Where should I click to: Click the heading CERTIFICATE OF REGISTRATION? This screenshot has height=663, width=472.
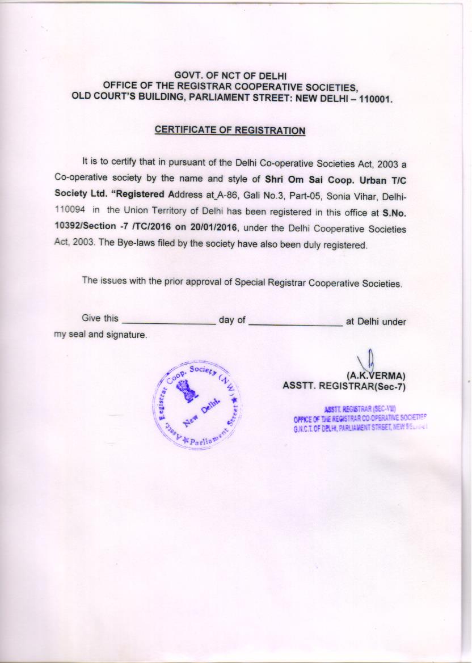click(x=230, y=130)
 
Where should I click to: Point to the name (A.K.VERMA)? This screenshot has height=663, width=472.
click(x=376, y=375)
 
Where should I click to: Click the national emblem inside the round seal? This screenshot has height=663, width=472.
click(x=186, y=392)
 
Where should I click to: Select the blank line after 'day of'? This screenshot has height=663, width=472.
click(x=296, y=323)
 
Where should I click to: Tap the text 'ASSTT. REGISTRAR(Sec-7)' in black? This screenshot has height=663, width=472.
click(x=344, y=386)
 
